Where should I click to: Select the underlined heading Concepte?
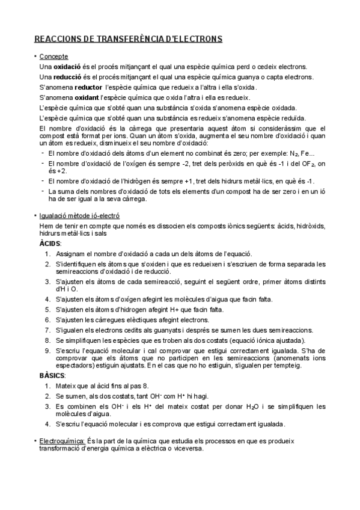(53, 56)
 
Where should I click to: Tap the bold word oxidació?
(67, 67)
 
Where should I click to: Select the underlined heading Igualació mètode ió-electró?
(79, 215)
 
